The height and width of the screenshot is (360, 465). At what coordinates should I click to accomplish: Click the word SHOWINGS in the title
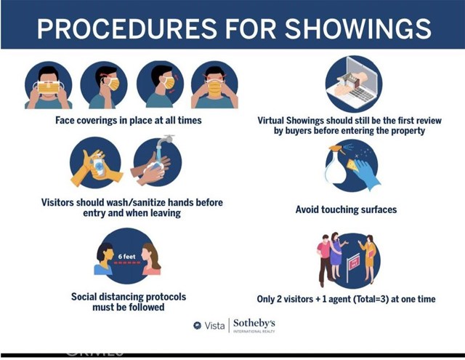coord(358,29)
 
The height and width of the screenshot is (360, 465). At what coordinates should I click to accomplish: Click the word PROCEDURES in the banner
coord(127,29)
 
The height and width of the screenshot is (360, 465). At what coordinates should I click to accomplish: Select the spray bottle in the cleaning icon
coord(336,165)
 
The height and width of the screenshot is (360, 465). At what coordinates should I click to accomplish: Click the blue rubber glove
coord(366,175)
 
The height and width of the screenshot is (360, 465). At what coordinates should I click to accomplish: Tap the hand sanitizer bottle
coord(99,166)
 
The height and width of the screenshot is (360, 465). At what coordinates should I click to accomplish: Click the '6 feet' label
coord(126,257)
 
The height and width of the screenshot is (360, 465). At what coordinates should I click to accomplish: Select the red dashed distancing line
coord(127,263)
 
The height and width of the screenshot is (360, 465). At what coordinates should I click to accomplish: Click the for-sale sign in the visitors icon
coord(353,265)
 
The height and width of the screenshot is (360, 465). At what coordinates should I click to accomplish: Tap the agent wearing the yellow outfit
coord(369,259)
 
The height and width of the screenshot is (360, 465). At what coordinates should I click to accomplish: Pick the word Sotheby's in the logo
coord(254,323)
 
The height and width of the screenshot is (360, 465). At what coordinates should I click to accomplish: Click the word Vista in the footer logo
coord(214,326)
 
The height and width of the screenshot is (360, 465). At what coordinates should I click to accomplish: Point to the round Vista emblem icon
coord(197,326)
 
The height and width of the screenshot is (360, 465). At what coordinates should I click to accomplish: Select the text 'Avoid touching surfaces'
coord(346,209)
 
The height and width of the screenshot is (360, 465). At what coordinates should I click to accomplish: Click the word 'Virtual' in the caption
coord(270,121)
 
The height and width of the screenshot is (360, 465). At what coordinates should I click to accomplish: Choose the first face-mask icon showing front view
coord(49,85)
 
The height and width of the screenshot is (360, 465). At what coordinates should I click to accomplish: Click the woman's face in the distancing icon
coord(147,255)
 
